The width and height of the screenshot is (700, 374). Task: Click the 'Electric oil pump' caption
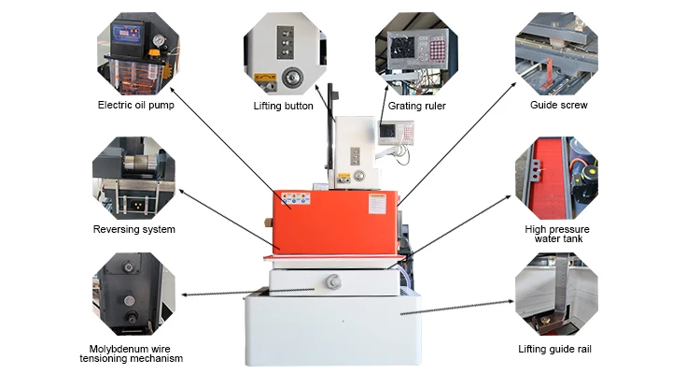pyautogui.click(x=135, y=105)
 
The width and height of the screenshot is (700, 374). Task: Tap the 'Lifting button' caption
pyautogui.click(x=284, y=106)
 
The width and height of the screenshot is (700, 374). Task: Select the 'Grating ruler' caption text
pyautogui.click(x=417, y=106)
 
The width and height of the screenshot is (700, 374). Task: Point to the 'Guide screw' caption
pyautogui.click(x=557, y=105)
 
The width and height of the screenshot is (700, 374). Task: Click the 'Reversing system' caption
pyautogui.click(x=134, y=229)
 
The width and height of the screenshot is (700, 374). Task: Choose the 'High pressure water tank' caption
pyautogui.click(x=557, y=235)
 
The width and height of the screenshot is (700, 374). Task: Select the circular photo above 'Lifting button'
pyautogui.click(x=285, y=51)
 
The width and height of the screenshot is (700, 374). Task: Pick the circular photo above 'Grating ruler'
pyautogui.click(x=417, y=51)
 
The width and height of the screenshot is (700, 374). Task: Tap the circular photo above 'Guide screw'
pyautogui.click(x=557, y=51)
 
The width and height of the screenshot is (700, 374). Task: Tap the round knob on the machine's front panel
pyautogui.click(x=334, y=278)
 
